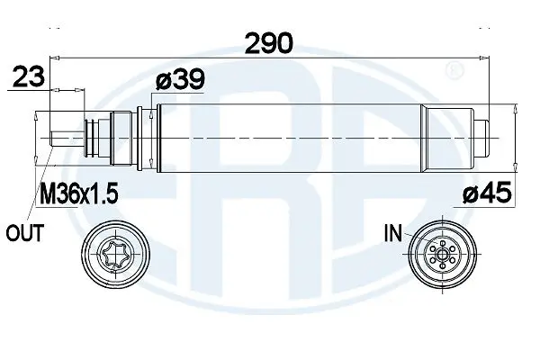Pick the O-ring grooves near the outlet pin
[87, 137]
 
